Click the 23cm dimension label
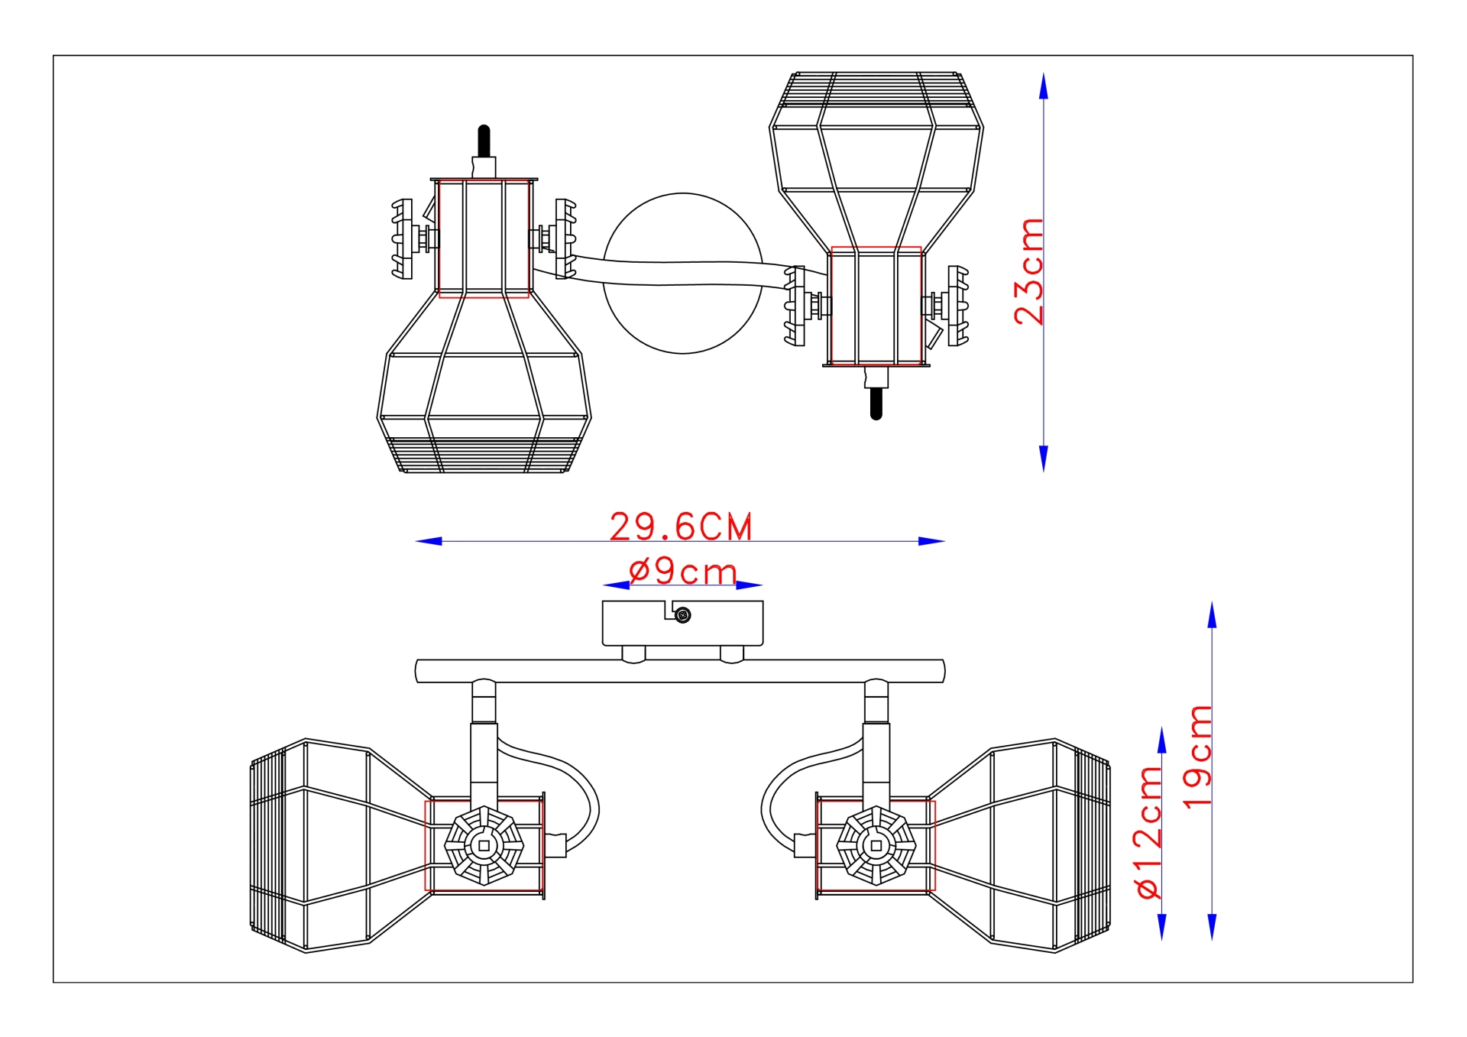[x=1028, y=271]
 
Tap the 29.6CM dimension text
[x=681, y=527]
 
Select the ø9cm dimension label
[x=683, y=572]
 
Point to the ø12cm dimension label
[x=1148, y=832]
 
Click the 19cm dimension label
[x=1197, y=756]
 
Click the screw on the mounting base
[x=684, y=615]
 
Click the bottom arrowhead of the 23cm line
[x=1044, y=459]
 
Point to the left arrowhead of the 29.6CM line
[x=429, y=541]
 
